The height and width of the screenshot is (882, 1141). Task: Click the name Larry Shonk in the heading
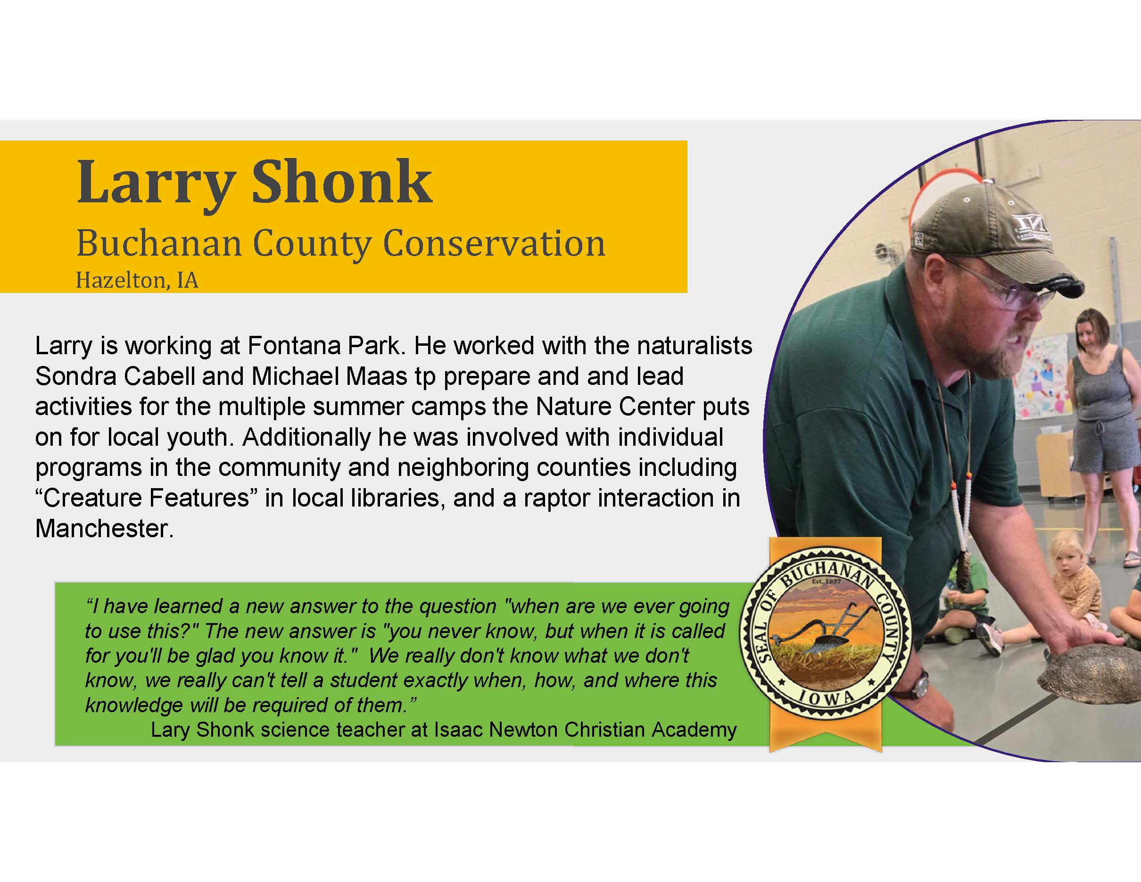255,183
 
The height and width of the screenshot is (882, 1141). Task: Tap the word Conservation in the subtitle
494,243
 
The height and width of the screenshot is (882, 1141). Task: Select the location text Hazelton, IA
137,281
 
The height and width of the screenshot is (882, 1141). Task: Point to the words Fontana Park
324,346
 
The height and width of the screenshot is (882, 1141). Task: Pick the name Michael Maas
329,376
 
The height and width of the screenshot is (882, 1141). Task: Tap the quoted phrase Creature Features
147,498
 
